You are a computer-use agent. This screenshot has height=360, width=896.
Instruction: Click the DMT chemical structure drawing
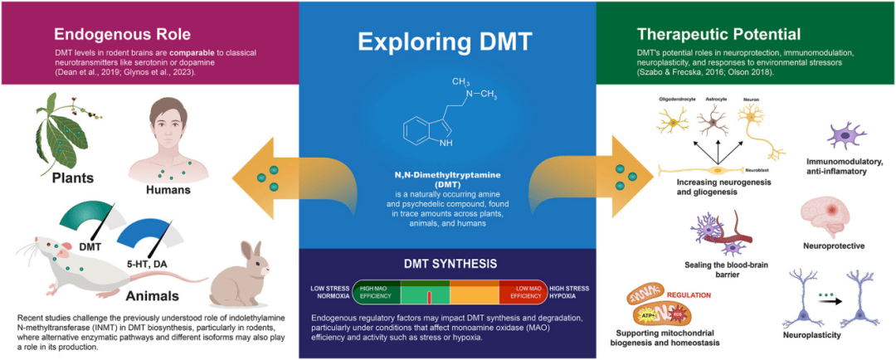[x=440, y=120]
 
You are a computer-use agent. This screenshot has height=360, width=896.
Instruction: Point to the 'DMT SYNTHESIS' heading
[x=450, y=265]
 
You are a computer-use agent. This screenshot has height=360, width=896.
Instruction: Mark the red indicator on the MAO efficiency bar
[x=428, y=297]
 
